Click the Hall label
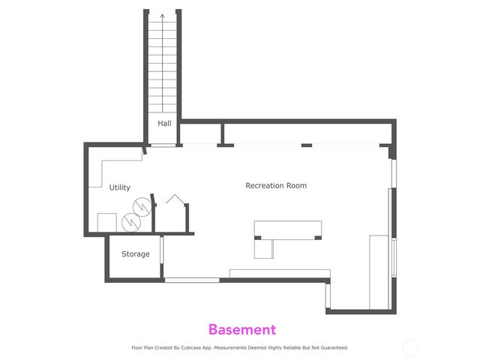164,123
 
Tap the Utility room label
120,187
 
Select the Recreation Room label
276,185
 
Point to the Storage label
136,254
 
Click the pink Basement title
241,329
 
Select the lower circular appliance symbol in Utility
131,222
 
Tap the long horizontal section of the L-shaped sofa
288,229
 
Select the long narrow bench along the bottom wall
279,273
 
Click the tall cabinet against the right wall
379,271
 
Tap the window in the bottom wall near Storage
192,280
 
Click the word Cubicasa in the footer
211,348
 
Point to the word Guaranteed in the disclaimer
334,348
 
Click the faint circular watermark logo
410,347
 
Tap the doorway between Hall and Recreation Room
163,145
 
